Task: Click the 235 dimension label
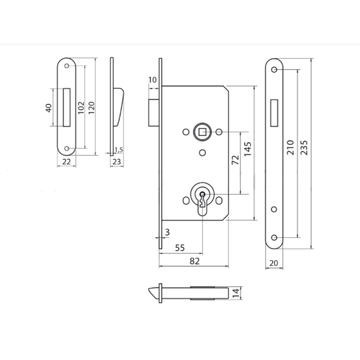tap(304, 148)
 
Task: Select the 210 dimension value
tap(291, 148)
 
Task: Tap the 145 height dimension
tap(248, 149)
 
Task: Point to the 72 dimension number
tap(235, 160)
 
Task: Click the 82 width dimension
tap(194, 261)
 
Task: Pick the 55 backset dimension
tap(180, 248)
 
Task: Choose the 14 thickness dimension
tap(236, 293)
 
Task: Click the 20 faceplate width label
tap(274, 263)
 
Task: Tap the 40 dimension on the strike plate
tap(49, 108)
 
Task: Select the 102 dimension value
tap(81, 108)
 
